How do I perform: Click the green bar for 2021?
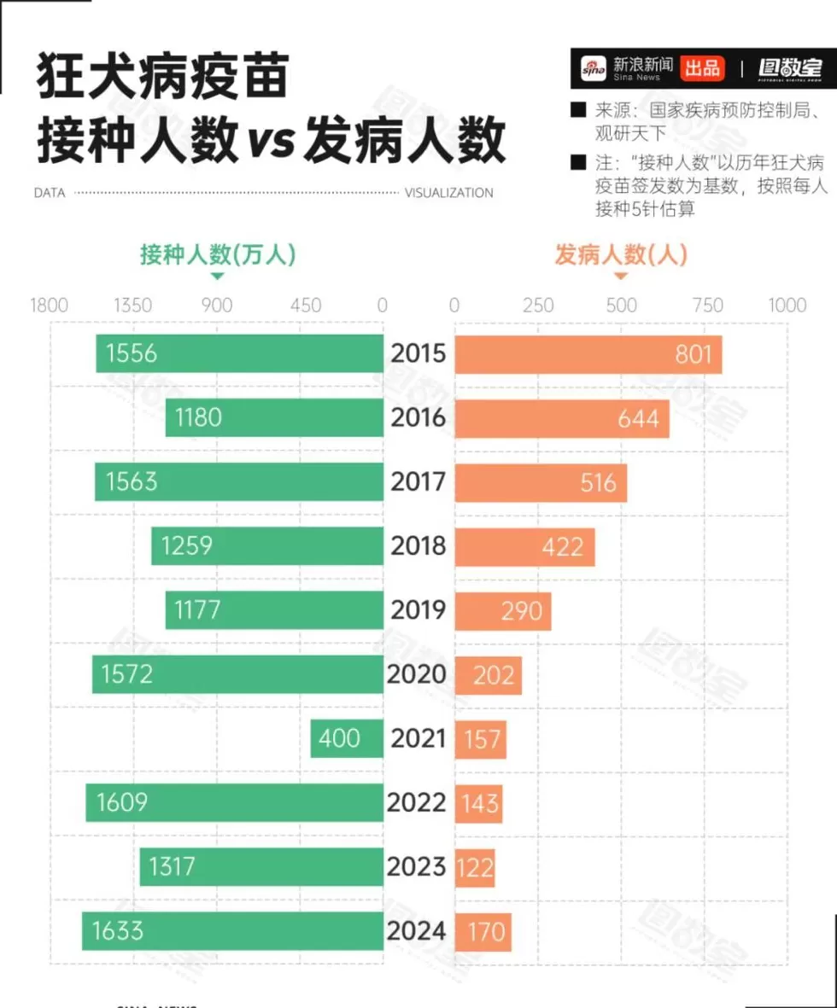347,738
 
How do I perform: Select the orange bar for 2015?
588,354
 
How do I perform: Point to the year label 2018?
418,546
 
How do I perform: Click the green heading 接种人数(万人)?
218,254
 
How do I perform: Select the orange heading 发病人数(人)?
621,254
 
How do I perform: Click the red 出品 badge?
702,68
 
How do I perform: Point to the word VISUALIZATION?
448,193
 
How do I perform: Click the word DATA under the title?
50,193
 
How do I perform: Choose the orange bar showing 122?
475,867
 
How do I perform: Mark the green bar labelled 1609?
234,802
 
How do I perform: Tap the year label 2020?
417,674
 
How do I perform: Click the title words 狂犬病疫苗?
162,79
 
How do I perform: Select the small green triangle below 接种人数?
218,276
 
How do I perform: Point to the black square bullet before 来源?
579,110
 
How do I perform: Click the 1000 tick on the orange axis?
787,306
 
